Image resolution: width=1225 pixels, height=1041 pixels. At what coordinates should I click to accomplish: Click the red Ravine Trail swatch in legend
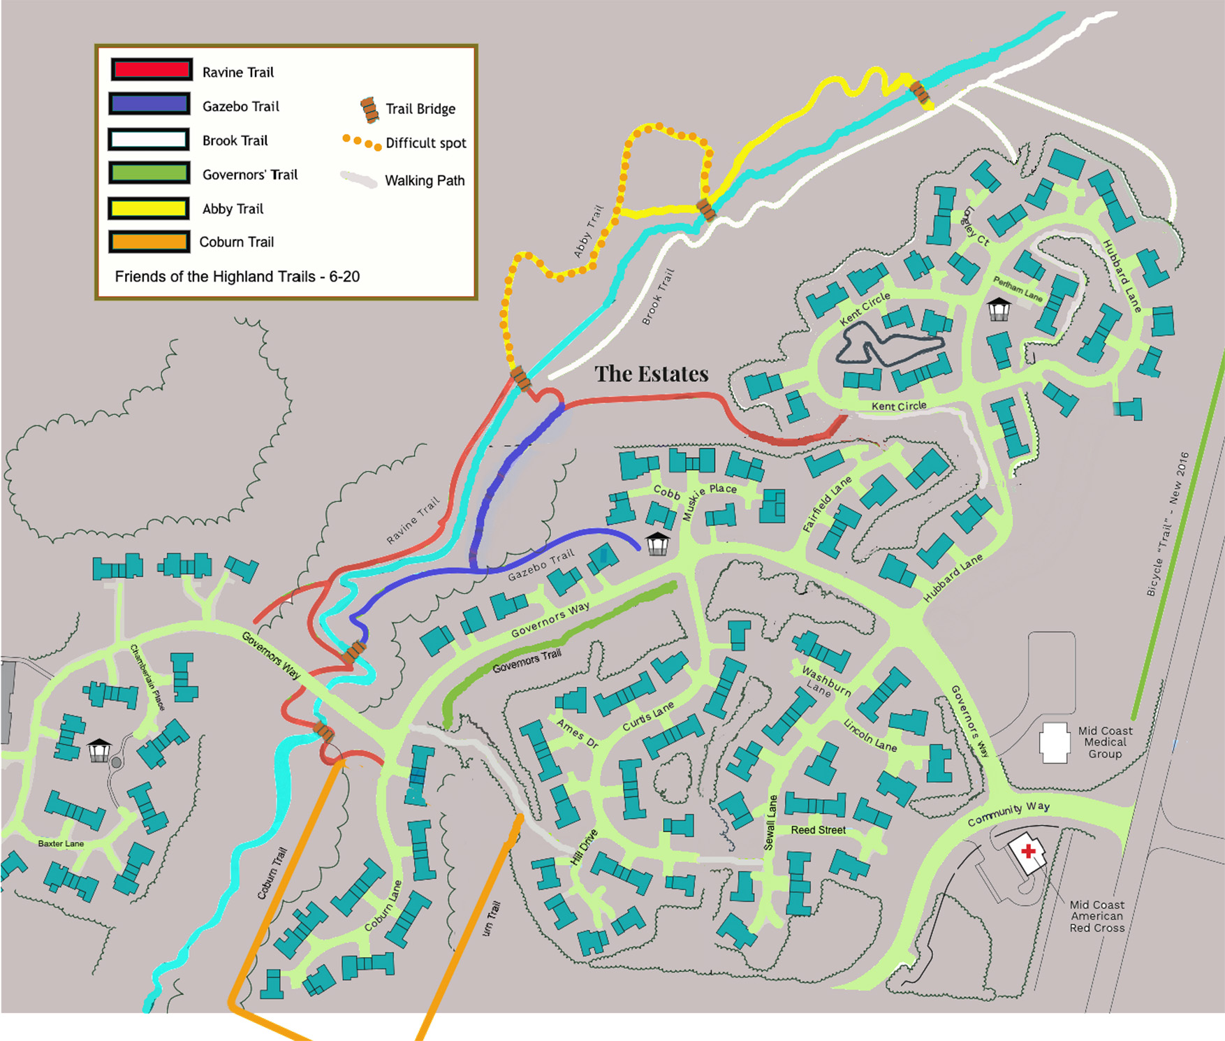[151, 70]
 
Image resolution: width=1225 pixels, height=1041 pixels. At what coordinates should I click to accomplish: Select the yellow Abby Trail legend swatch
[149, 208]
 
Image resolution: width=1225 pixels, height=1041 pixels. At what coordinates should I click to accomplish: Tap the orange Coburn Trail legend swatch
[149, 242]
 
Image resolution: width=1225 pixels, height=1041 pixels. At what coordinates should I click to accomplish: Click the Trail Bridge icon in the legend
[369, 110]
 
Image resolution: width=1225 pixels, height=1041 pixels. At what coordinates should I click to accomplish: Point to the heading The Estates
[651, 374]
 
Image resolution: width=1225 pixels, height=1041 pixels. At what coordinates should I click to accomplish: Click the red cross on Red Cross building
[1028, 851]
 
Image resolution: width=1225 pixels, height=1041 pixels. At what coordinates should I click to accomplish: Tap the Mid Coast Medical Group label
[1104, 742]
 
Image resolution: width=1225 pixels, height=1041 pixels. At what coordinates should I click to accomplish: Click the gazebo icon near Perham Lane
[999, 309]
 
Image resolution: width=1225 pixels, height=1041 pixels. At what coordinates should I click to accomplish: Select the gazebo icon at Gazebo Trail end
[657, 543]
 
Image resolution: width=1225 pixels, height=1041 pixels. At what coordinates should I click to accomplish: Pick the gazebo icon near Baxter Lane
[99, 750]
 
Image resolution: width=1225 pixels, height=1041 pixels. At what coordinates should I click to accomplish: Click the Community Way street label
[1008, 813]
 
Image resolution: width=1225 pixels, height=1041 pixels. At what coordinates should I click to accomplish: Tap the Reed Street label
[818, 830]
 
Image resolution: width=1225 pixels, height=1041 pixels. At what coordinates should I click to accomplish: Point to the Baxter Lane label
[61, 843]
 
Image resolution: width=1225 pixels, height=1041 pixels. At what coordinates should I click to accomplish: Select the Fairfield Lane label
[827, 504]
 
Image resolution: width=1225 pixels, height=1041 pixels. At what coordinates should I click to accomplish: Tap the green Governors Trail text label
[527, 661]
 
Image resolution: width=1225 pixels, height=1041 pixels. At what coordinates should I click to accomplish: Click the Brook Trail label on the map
[657, 298]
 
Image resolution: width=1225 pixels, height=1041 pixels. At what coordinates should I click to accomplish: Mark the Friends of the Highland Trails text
[237, 277]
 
